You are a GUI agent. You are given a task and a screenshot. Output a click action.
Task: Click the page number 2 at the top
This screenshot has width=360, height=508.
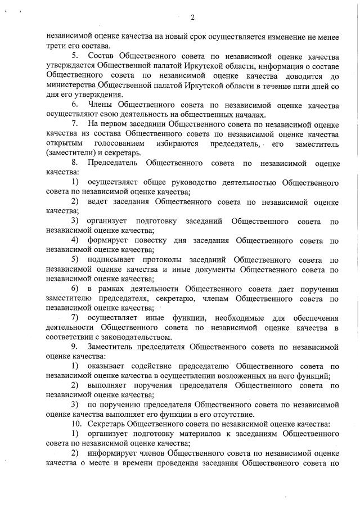point(192,17)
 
